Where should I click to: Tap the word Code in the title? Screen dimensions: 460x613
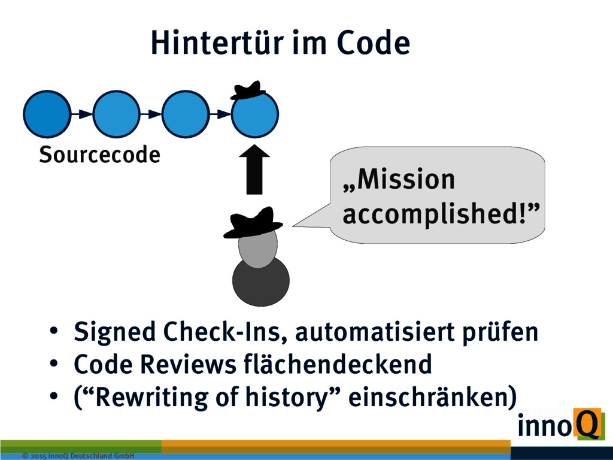(372, 43)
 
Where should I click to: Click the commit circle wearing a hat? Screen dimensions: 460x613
(254, 115)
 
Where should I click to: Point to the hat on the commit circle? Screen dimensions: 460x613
(248, 90)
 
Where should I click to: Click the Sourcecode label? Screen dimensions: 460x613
(99, 155)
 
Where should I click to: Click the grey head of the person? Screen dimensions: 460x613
(257, 247)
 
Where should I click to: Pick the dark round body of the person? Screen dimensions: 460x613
(260, 281)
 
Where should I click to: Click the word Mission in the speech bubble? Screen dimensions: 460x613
(399, 180)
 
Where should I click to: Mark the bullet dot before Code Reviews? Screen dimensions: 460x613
(54, 364)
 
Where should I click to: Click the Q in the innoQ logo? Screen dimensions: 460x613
(587, 424)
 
